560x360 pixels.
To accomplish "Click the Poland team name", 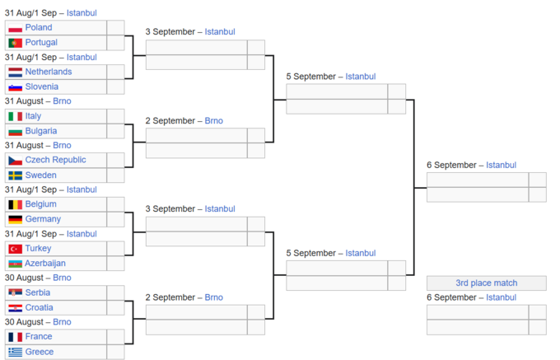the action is coord(39,27).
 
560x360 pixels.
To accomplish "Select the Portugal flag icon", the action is coord(16,43).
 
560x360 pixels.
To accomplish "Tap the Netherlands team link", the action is coord(49,72).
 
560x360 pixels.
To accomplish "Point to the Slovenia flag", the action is coord(16,87).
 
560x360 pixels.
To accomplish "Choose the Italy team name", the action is coord(33,116).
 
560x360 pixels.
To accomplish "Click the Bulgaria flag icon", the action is coord(16,132).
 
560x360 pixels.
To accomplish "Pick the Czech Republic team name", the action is coord(56,160).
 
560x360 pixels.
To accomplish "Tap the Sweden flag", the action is coord(16,175).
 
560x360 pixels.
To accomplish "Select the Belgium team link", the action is coord(40,204).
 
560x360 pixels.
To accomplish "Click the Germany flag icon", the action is coord(16,220).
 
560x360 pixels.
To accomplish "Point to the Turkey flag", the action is coord(16,249).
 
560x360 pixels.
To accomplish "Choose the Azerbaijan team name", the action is coord(45,264).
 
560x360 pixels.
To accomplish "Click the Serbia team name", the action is coord(38,292).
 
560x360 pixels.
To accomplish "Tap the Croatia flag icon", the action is coord(16,308).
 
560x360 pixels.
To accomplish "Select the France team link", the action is coord(39,336).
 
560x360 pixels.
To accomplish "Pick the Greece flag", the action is coord(16,352).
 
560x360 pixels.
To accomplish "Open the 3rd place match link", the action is coord(487,283).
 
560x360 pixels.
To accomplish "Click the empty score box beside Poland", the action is coord(116,27).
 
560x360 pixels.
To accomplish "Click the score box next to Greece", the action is coord(116,352).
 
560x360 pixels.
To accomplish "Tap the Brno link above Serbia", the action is coord(62,278).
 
